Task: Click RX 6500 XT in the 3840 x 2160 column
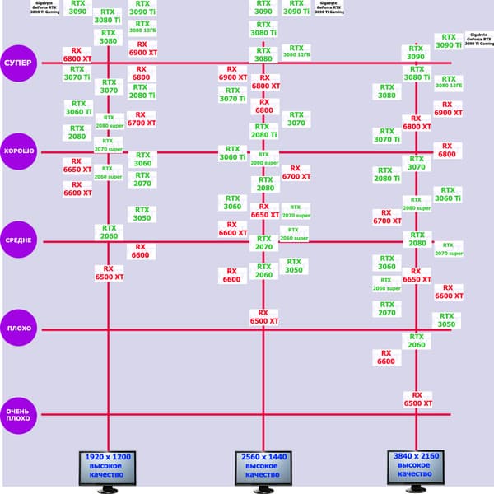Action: pyautogui.click(x=417, y=399)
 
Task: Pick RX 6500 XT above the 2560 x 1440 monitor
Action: pyautogui.click(x=263, y=317)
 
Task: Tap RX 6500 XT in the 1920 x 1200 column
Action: pyautogui.click(x=109, y=273)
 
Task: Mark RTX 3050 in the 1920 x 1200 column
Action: pyautogui.click(x=142, y=214)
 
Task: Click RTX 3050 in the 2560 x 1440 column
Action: pyautogui.click(x=293, y=266)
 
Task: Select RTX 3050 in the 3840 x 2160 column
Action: pyautogui.click(x=445, y=319)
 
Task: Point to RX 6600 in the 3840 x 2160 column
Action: pyautogui.click(x=386, y=357)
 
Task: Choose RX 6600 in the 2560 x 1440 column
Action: pyautogui.click(x=231, y=275)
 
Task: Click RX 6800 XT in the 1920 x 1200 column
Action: pyautogui.click(x=77, y=54)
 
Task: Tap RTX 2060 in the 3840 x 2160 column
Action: pyautogui.click(x=417, y=341)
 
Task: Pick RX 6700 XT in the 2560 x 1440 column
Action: pyautogui.click(x=296, y=171)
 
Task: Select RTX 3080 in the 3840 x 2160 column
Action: pyautogui.click(x=386, y=91)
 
